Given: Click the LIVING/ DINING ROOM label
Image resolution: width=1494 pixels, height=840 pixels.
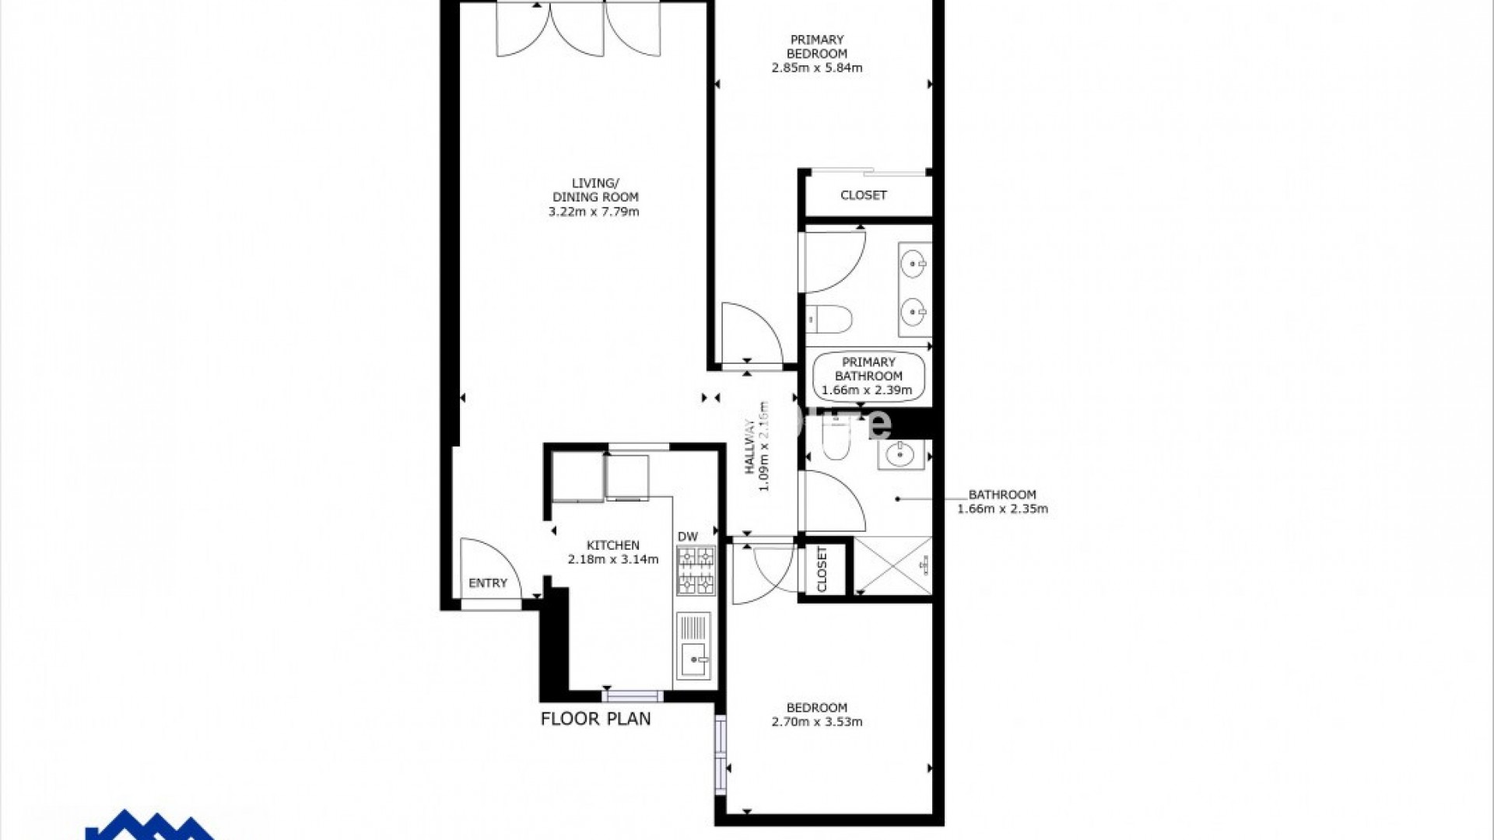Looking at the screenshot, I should point(594,191).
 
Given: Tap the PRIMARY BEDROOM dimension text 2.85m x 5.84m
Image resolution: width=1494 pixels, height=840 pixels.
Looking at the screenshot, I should point(816,68).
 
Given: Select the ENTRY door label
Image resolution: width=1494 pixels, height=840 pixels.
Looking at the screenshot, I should point(488,583).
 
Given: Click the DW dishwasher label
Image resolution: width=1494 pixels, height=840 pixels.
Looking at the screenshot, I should point(688,536).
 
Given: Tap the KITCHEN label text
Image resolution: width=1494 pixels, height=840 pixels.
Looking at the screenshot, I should point(613,545).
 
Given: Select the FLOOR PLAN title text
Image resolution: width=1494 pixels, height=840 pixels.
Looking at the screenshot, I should point(595,719).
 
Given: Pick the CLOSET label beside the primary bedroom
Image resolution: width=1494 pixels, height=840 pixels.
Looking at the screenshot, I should point(863,195).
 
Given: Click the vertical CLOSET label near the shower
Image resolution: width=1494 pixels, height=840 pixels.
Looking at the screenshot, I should point(822,569).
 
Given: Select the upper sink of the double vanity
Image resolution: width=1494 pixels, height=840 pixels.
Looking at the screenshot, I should point(913,264).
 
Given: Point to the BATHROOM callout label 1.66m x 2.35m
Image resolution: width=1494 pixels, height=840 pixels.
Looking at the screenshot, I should point(1002,502).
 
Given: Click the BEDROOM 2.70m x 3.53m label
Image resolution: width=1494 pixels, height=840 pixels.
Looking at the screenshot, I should point(816,714).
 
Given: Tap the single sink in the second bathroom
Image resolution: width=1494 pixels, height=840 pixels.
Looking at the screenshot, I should point(900,454).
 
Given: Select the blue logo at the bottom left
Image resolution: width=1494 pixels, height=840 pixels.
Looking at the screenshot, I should point(148,826).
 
